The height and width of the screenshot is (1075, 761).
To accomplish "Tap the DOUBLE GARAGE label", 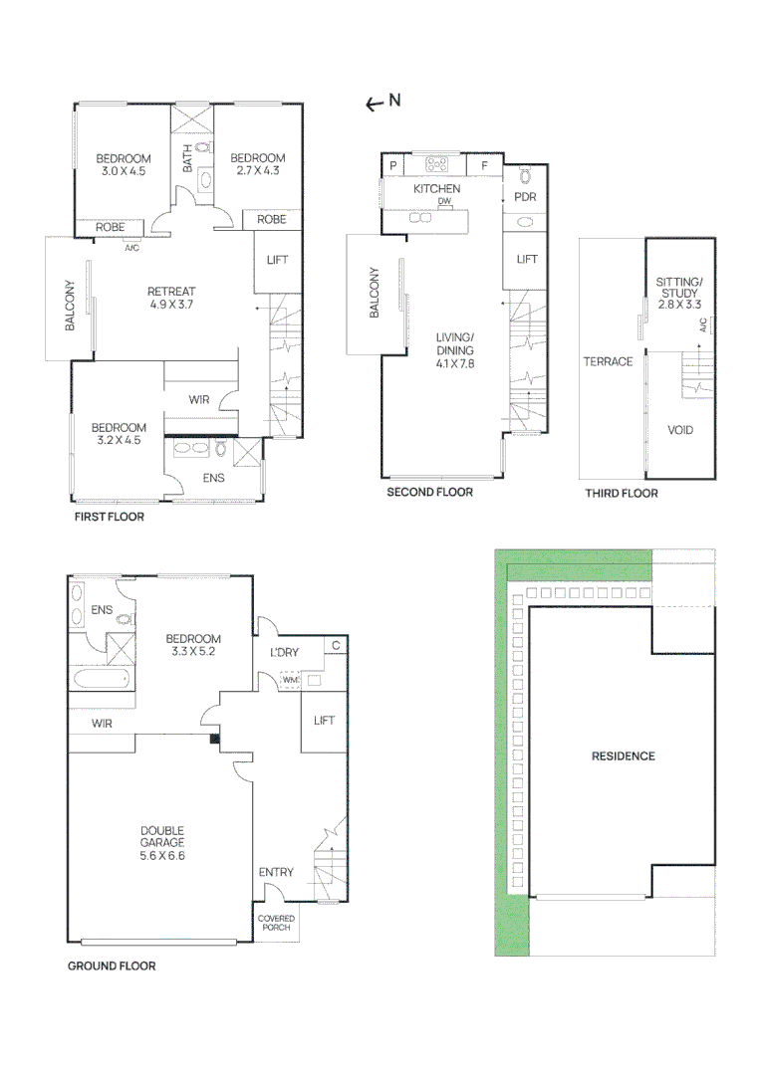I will click(162, 842).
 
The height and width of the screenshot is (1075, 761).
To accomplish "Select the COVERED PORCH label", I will click(276, 923).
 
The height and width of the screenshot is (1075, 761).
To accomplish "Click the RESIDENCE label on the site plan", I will click(624, 756).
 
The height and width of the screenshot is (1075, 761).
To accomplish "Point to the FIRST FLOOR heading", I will click(110, 517).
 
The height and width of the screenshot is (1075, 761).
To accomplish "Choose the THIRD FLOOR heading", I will click(622, 493).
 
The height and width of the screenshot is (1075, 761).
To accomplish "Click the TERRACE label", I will click(608, 361).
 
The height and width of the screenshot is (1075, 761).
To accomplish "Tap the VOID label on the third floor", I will click(680, 430).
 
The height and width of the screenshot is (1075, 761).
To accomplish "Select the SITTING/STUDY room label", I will click(679, 294).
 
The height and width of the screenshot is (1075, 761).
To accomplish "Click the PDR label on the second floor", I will click(525, 197).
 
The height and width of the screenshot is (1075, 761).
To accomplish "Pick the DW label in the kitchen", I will click(444, 201).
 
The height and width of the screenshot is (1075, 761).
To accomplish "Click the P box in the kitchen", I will click(393, 165).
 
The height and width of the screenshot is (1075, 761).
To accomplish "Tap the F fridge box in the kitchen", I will click(484, 165).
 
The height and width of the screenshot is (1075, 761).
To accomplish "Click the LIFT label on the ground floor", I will click(325, 720).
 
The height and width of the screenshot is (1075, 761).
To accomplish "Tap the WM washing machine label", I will click(290, 681).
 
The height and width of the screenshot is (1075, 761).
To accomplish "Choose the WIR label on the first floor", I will click(199, 400).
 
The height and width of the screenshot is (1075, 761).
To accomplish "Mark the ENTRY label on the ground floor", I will click(276, 872).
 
